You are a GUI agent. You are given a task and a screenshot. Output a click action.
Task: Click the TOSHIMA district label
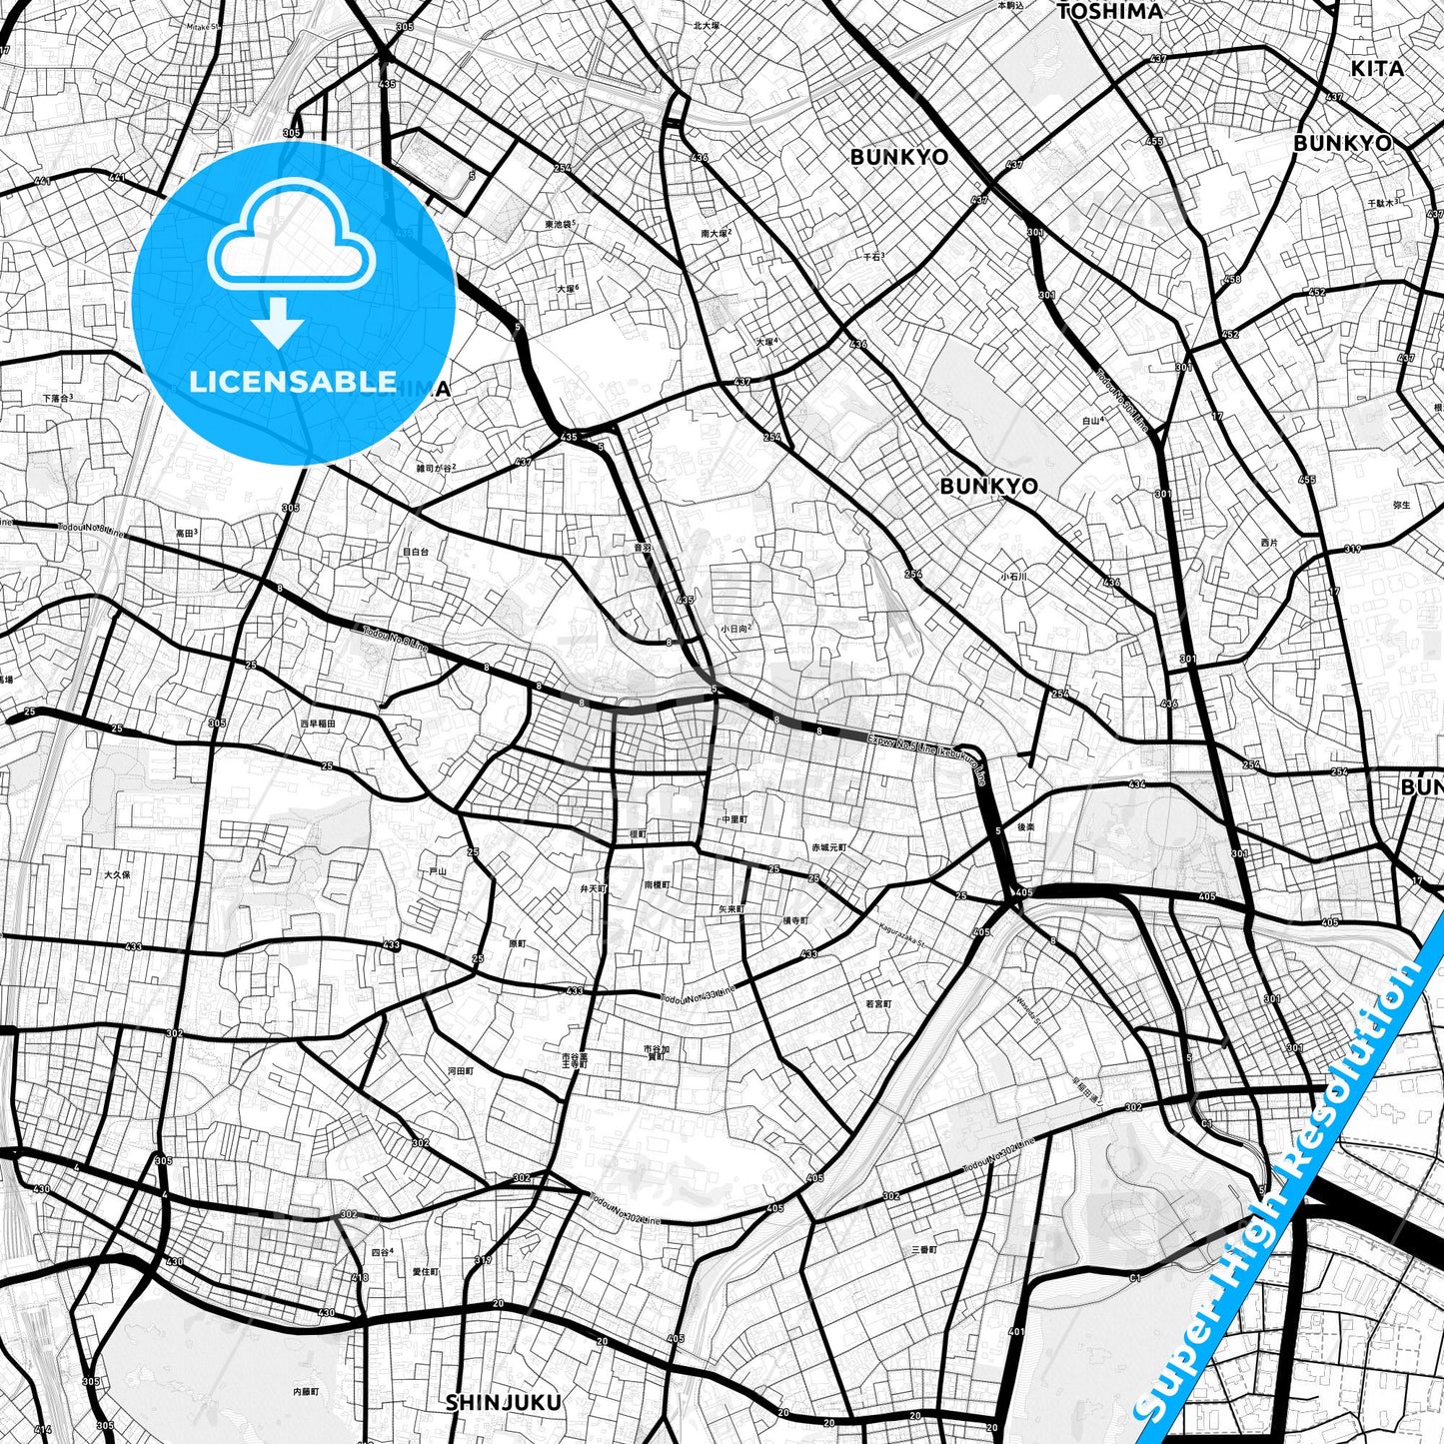pos(1109,11)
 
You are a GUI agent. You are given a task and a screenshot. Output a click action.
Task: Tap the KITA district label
pos(1377,68)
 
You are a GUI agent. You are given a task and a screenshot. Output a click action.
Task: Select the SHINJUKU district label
pos(503,1403)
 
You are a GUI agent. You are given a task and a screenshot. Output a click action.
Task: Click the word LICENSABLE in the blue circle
pos(293,381)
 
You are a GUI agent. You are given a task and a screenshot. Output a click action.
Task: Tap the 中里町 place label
pos(734,819)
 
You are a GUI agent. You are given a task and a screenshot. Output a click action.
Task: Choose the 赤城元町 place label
pos(828,847)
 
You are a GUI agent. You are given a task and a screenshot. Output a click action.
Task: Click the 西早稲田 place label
pos(317,723)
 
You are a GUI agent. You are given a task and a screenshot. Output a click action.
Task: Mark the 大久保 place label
pos(117,874)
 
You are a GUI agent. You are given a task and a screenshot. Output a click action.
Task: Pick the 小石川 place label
pos(1013,577)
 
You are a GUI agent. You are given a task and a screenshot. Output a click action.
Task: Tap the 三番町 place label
pos(923,1250)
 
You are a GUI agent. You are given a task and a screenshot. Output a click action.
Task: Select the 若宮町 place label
pos(877,1003)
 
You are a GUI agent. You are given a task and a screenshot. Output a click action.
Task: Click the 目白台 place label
pos(415,551)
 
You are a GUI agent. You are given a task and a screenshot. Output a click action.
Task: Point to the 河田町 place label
pos(460,1070)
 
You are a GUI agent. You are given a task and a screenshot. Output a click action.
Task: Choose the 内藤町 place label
pos(306,1391)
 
